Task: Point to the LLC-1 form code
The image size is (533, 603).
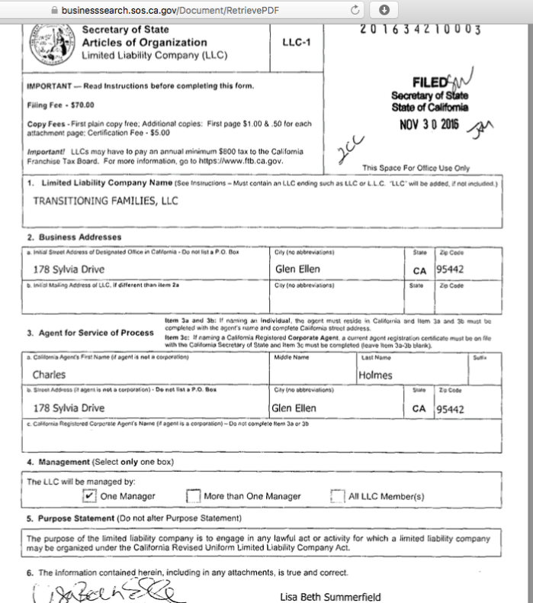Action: point(294,46)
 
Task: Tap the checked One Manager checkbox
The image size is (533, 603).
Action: point(88,496)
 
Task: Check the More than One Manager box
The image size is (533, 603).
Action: point(193,496)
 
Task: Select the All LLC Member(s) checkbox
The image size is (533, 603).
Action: point(336,496)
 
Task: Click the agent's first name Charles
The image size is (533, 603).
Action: point(50,374)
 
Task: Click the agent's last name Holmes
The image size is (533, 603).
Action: point(375,374)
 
